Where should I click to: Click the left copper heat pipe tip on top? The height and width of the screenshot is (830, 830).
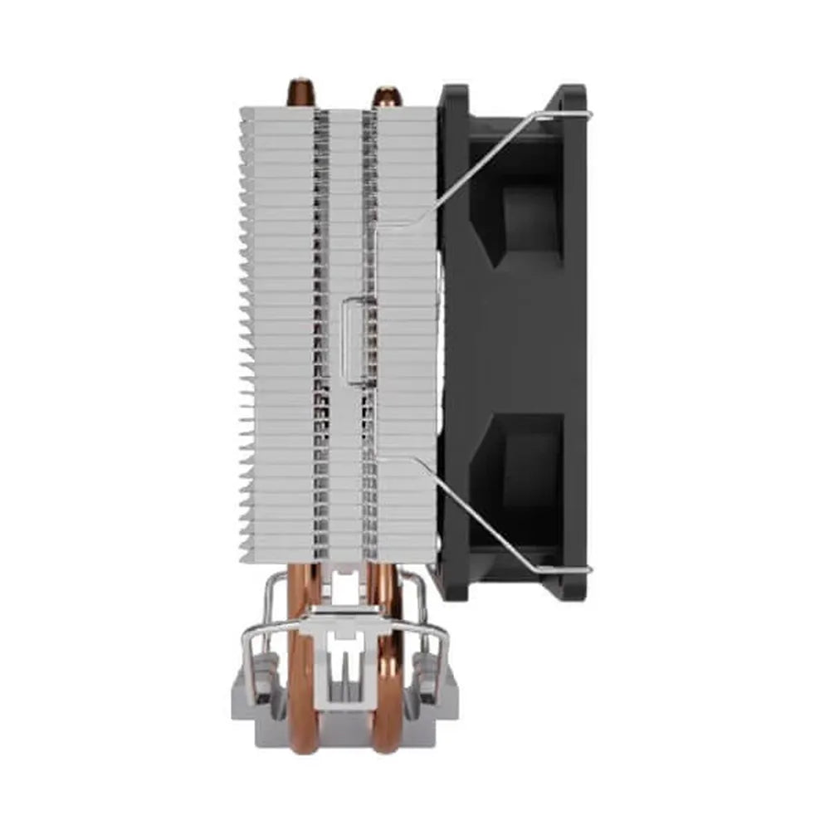tap(300, 90)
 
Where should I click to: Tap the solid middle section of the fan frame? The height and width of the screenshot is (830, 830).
tap(515, 340)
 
